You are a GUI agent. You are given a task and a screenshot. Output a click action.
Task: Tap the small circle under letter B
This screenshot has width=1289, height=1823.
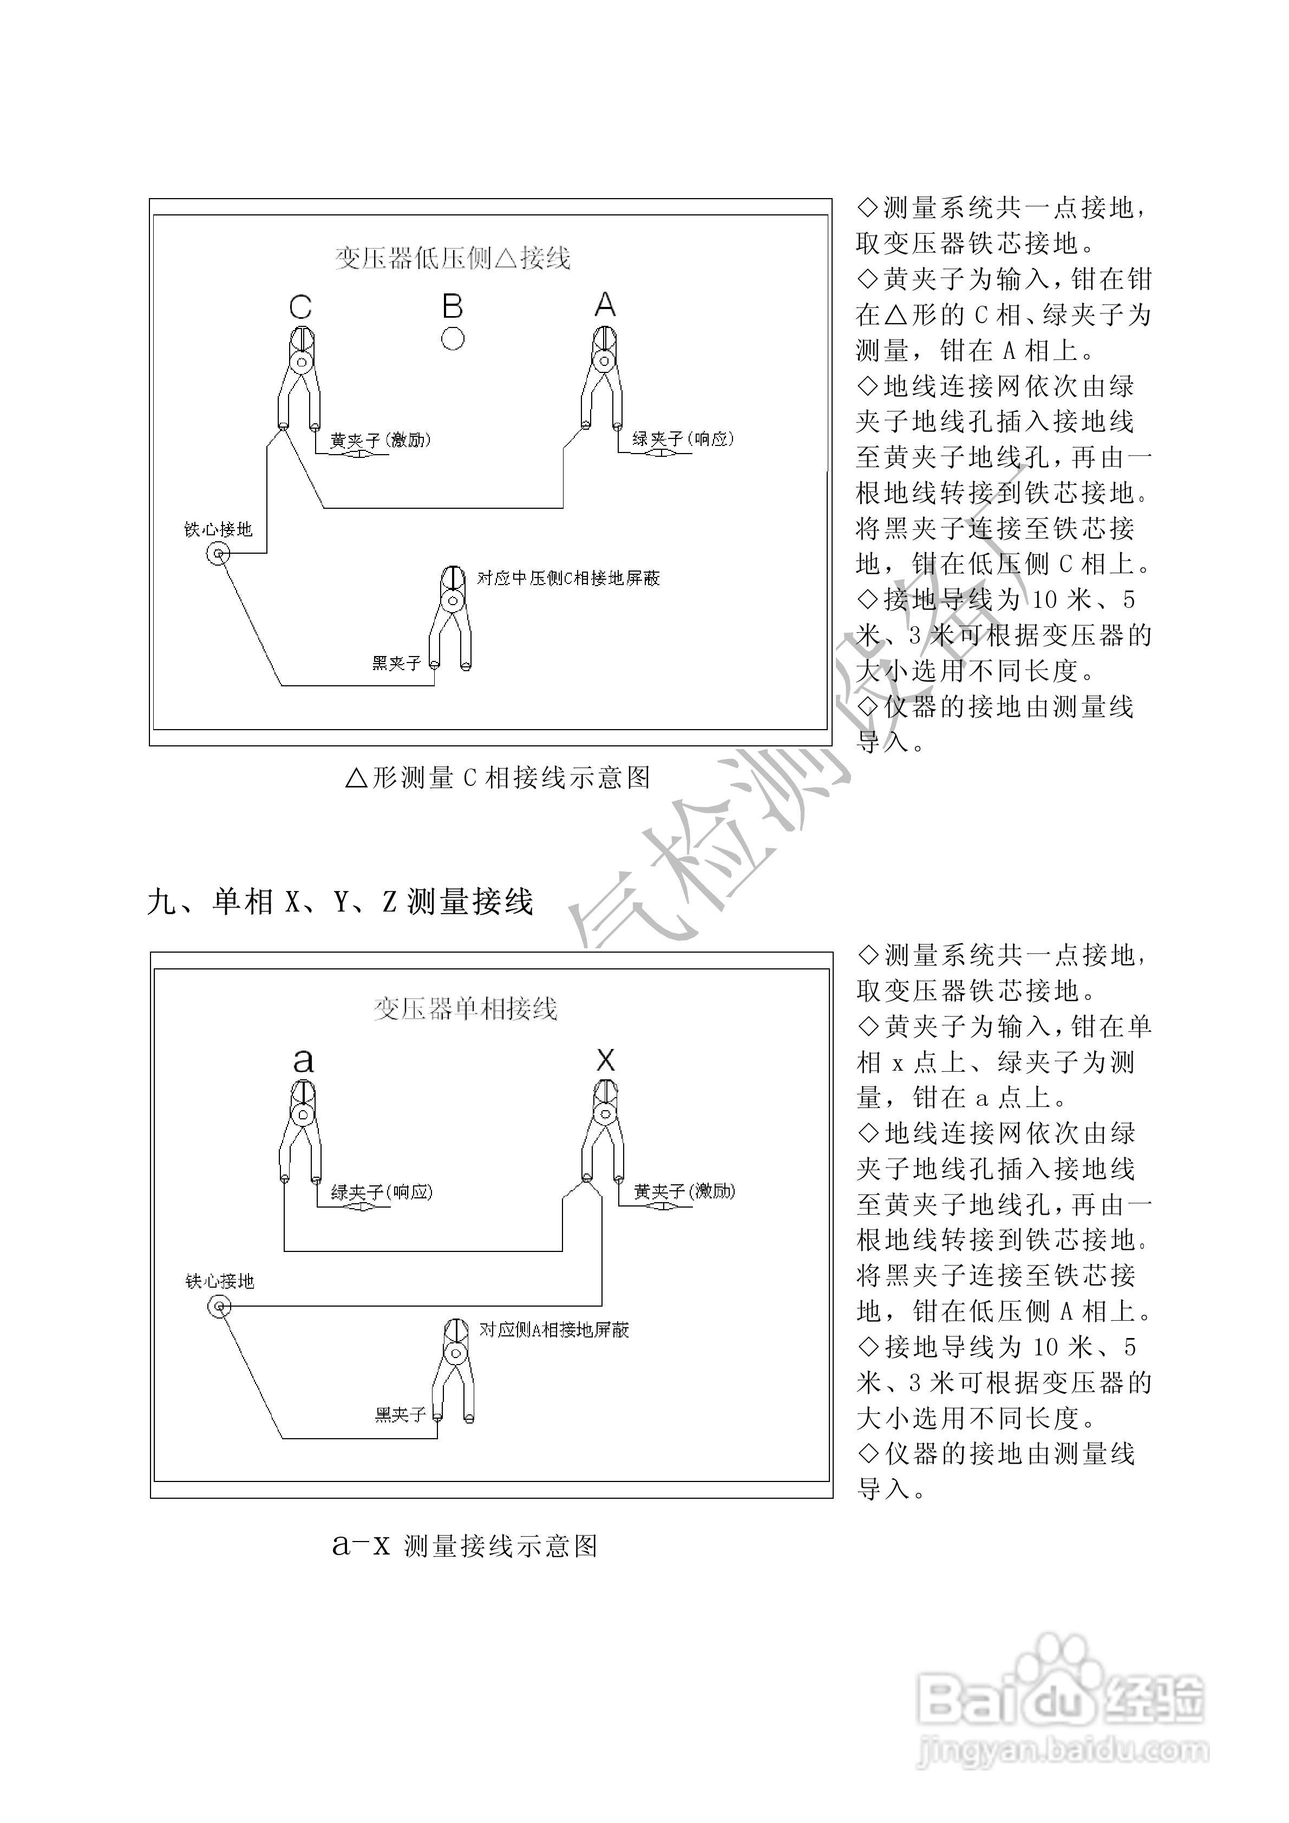(x=453, y=338)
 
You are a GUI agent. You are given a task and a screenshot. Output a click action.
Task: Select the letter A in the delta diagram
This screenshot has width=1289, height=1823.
(x=605, y=304)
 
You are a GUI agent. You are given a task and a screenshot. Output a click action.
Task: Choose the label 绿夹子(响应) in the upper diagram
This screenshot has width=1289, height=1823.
(x=682, y=438)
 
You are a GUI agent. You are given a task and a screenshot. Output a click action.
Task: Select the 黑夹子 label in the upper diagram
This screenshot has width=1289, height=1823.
(x=396, y=662)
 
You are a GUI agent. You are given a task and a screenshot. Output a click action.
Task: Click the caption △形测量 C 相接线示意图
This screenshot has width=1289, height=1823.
(x=498, y=777)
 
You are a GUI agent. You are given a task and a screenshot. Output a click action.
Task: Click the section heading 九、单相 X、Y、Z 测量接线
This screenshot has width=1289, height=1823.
(x=340, y=902)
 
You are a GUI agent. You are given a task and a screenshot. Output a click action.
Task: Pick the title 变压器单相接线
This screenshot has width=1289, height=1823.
(x=466, y=1009)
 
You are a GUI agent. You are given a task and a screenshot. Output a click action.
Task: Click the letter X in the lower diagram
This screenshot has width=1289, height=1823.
(x=605, y=1060)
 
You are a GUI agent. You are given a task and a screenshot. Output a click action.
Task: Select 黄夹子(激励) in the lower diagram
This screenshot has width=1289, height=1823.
(x=684, y=1191)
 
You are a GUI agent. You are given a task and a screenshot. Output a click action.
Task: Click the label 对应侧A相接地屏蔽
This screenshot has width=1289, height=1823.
(x=554, y=1330)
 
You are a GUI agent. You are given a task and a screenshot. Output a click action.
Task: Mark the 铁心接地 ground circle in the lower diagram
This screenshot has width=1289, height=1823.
(x=219, y=1306)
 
